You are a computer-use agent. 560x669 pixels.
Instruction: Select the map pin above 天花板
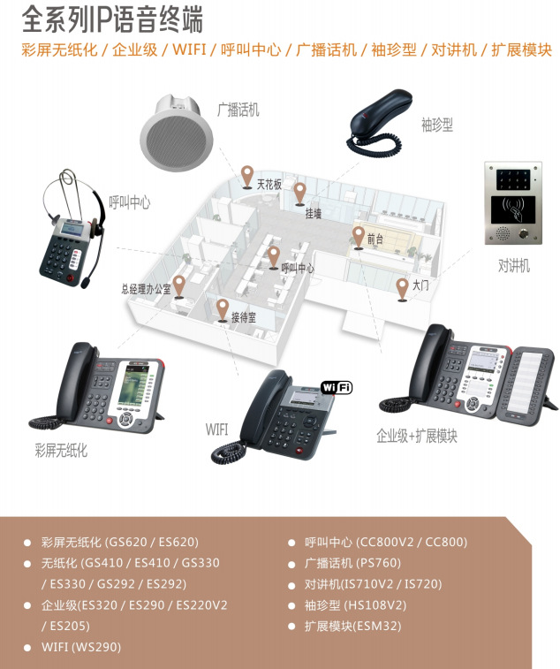[248, 175]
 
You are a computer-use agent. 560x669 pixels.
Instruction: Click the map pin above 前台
[358, 236]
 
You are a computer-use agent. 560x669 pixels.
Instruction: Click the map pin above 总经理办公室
[178, 285]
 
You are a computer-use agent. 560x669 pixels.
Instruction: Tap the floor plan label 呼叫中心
[297, 268]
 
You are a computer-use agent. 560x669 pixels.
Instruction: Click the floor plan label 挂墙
[313, 213]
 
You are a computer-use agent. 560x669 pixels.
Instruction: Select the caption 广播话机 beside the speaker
[238, 110]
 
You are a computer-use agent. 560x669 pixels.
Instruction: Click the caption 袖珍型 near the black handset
[436, 125]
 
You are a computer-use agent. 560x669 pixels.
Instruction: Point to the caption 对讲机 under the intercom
[513, 265]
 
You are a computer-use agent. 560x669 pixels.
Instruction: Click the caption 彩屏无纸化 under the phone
[61, 451]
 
